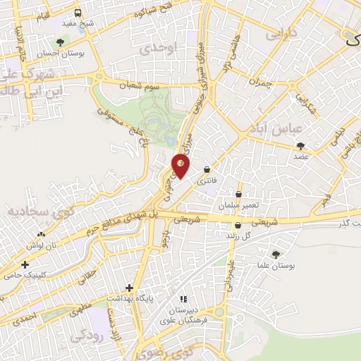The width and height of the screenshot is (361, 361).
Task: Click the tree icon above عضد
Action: click(302, 145)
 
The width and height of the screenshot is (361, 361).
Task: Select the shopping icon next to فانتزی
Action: click(206, 169)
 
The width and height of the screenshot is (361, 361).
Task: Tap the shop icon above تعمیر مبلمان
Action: click(238, 194)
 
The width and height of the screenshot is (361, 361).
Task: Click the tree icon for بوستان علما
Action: click(275, 255)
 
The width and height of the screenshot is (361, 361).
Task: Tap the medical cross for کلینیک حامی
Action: click(25, 264)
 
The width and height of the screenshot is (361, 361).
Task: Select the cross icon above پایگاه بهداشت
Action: click(129, 288)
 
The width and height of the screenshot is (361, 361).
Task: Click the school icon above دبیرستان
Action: click(184, 299)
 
